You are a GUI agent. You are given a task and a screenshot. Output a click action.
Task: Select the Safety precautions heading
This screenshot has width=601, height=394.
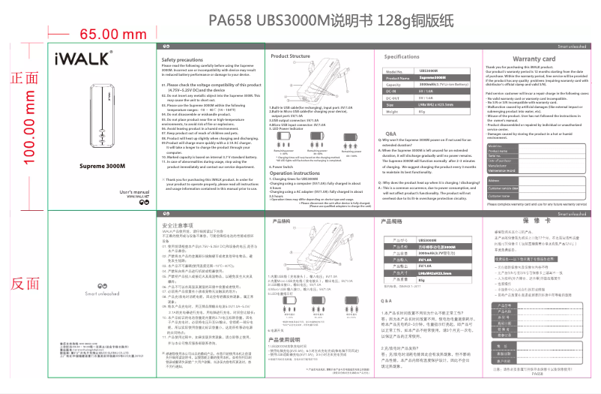[x=186, y=59]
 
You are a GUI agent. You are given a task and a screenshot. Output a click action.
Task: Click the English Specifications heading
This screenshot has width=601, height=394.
[x=402, y=57]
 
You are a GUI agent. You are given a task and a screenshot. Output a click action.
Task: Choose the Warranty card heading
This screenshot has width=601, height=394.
[x=533, y=59]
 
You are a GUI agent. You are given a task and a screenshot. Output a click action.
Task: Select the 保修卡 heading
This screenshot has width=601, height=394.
[x=531, y=222]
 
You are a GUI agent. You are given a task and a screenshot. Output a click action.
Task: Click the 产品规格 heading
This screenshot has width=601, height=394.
[x=392, y=222]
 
